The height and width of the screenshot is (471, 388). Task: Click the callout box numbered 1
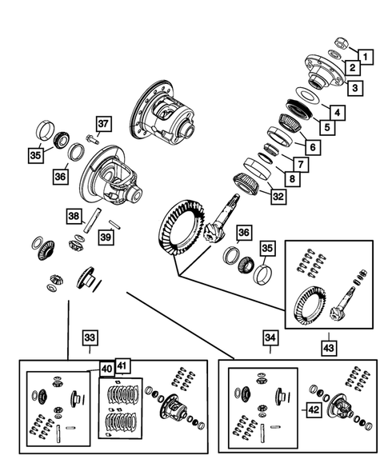pyautogui.click(x=366, y=56)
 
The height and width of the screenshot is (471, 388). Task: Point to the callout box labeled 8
pyautogui.click(x=294, y=178)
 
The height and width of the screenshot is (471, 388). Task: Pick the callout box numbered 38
pyautogui.click(x=73, y=216)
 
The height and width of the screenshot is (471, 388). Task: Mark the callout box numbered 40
pyautogui.click(x=105, y=369)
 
